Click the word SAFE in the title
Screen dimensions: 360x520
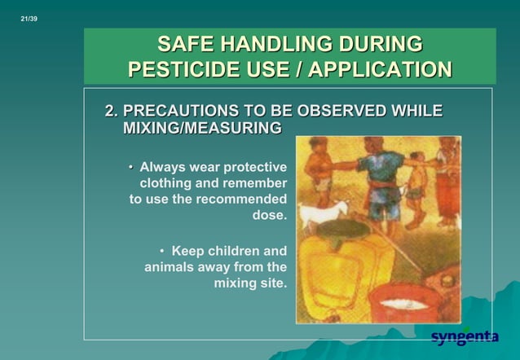[184, 44]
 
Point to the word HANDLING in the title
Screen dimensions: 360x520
[273, 44]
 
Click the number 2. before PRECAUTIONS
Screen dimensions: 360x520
[112, 111]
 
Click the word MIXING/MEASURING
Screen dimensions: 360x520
[201, 129]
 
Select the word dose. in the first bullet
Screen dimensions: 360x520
[269, 216]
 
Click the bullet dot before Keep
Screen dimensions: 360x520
[162, 251]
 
